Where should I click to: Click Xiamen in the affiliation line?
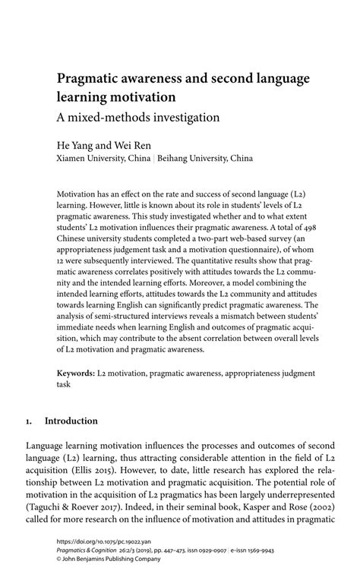pos(75,159)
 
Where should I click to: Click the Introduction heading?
pos(71,420)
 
